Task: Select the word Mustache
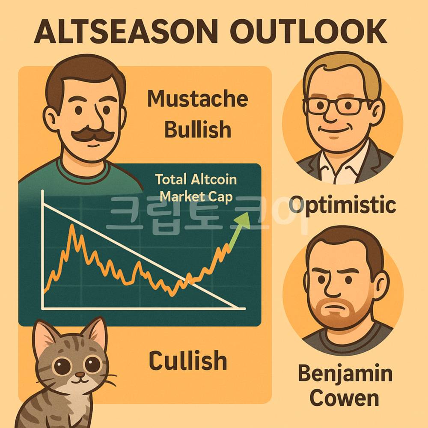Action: [x=198, y=98]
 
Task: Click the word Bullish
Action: [x=198, y=129]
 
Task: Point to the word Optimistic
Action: [x=342, y=205]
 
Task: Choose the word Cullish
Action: [x=188, y=360]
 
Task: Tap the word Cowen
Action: [x=345, y=398]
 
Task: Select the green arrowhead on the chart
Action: [x=243, y=220]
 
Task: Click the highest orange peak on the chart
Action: [x=72, y=225]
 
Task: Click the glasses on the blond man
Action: [x=337, y=106]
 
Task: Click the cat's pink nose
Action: [x=80, y=374]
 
